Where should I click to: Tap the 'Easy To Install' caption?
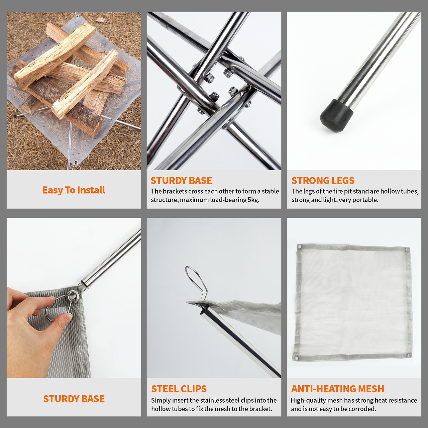[74, 190]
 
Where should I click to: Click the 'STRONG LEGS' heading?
[323, 181]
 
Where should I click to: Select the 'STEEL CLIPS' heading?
[179, 389]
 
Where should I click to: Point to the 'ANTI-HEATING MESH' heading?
[338, 389]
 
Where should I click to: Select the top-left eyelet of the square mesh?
[300, 247]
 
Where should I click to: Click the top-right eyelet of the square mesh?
[407, 250]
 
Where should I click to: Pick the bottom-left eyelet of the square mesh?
[296, 358]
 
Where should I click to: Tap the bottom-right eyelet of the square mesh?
[408, 355]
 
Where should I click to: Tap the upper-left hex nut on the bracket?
[209, 78]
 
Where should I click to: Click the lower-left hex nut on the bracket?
[214, 96]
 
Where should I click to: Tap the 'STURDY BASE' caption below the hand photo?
[74, 399]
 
